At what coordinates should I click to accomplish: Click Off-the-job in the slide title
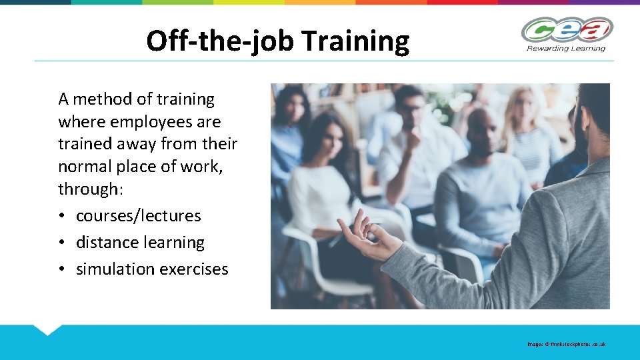(221, 41)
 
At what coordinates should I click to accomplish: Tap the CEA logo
(566, 30)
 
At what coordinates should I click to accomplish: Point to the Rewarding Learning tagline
(566, 48)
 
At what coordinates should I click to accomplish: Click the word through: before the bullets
(91, 189)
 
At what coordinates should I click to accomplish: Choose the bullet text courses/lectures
(138, 216)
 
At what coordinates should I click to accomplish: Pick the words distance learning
(140, 243)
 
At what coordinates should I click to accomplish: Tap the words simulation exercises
(152, 269)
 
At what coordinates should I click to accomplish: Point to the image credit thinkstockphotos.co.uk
(567, 345)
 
